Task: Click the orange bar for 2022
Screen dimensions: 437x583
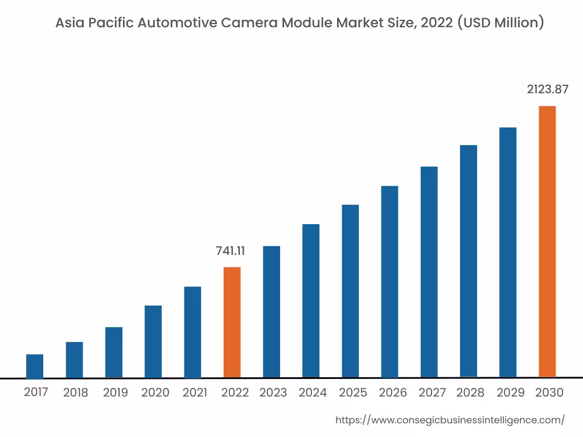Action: point(232,322)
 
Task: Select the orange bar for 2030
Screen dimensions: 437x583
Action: point(547,241)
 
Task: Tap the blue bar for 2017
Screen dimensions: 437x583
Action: point(35,366)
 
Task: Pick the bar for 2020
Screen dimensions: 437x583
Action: point(153,341)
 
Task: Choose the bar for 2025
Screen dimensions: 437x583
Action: point(350,291)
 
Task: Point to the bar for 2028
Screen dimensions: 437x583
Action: point(469,261)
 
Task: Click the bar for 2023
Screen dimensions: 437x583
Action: point(272,312)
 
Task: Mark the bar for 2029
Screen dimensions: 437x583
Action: point(508,252)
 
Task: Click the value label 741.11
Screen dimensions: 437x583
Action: point(230,251)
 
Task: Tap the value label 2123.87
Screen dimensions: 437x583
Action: point(547,89)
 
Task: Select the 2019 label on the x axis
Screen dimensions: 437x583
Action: point(116,393)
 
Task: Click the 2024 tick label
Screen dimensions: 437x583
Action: point(313,393)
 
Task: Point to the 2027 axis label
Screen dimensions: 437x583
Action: point(432,393)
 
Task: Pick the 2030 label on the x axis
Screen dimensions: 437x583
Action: point(549,393)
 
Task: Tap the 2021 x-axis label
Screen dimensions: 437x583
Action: point(195,393)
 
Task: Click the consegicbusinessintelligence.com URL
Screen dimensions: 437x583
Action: point(450,420)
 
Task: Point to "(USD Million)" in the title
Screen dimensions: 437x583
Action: point(501,23)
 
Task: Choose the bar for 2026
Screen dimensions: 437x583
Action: point(389,282)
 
